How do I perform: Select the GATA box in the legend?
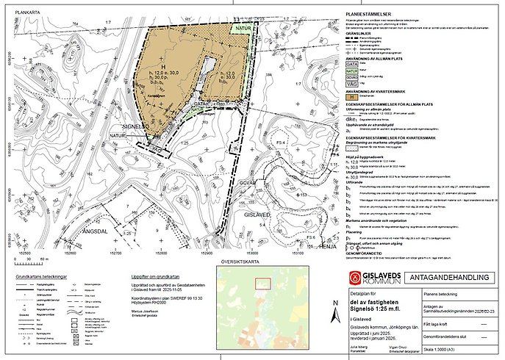tap(352, 64)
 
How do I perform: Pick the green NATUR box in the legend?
tap(352, 72)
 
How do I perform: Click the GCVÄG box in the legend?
tap(352, 79)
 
